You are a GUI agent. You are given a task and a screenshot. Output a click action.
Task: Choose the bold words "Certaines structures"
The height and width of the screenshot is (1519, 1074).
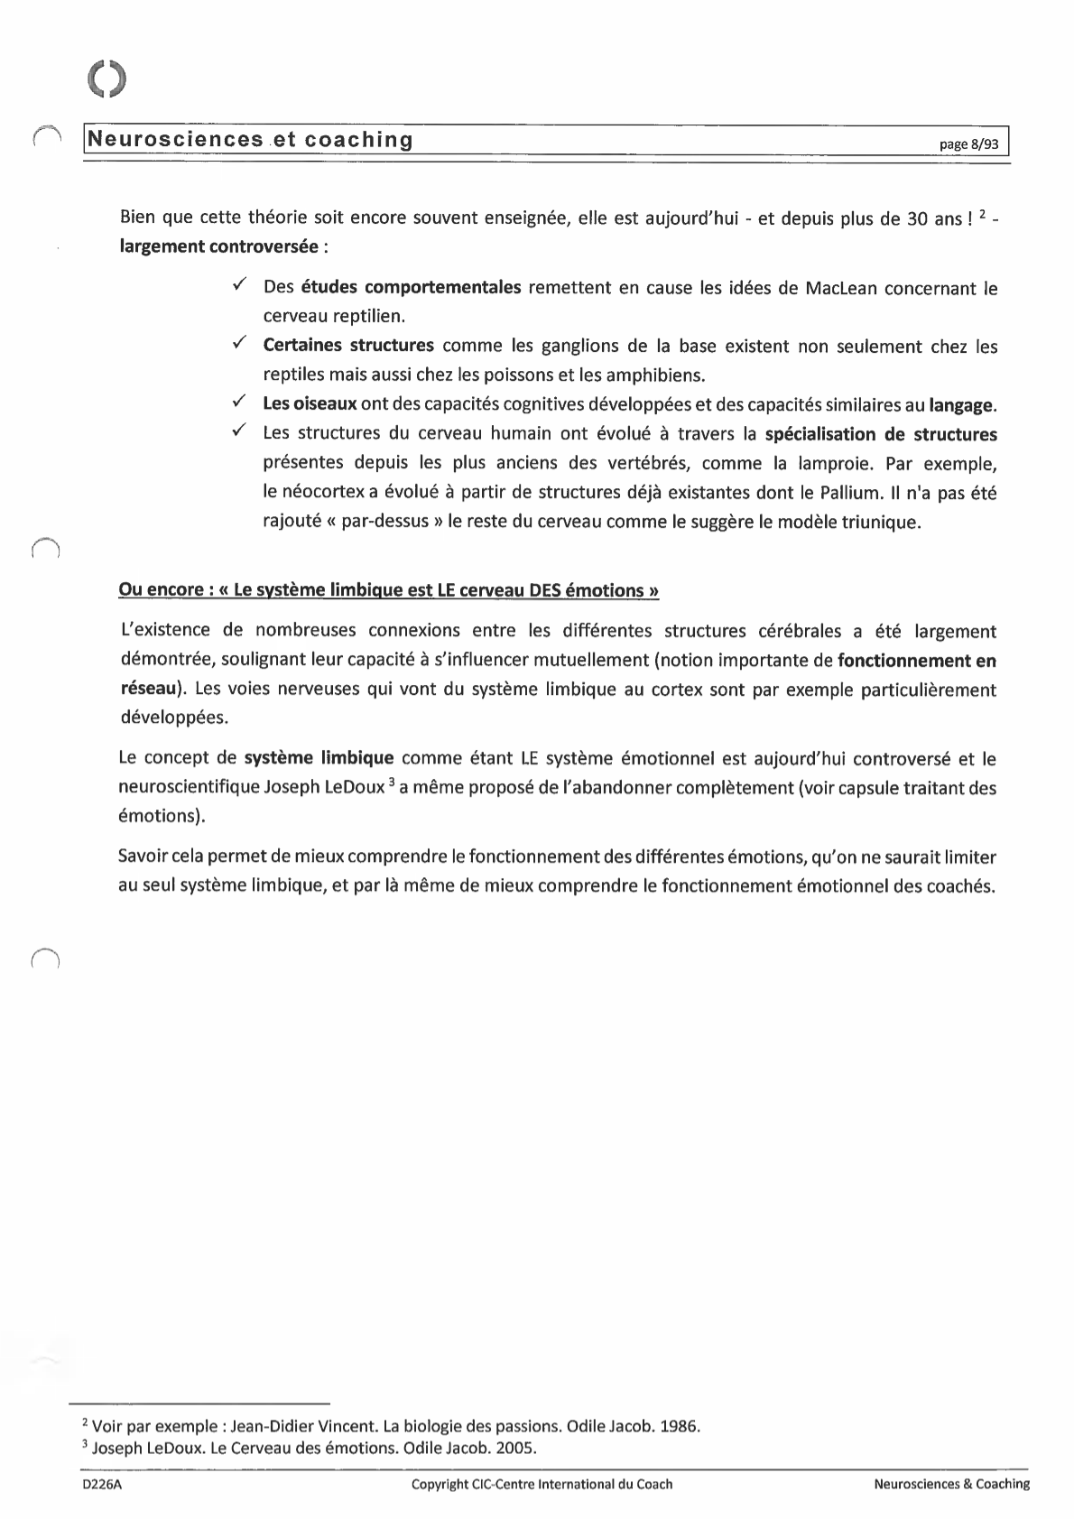point(348,346)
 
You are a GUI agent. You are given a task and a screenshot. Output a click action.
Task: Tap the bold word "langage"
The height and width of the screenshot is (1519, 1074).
point(962,405)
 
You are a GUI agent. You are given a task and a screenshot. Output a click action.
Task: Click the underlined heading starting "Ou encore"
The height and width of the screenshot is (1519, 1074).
point(388,591)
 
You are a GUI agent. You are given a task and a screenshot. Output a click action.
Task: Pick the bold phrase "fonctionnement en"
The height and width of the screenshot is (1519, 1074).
point(916,661)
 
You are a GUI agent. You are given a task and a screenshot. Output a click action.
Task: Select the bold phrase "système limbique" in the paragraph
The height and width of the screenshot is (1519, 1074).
point(319,757)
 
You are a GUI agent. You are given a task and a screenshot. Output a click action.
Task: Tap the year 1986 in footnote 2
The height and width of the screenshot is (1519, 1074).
point(681,1427)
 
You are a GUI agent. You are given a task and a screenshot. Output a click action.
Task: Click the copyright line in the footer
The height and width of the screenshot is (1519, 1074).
point(542,1484)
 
